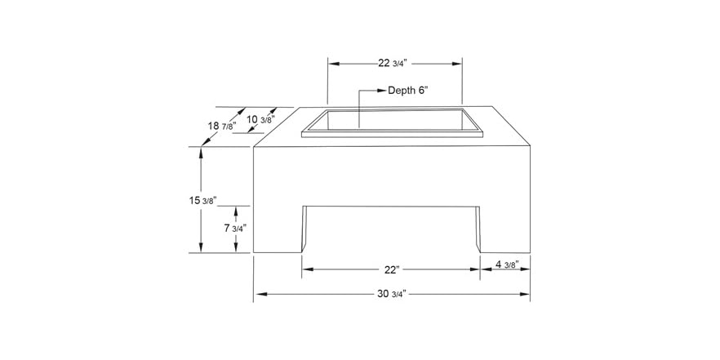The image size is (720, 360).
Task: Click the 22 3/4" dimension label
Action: point(395,64)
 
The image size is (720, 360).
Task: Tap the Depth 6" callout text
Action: point(408,91)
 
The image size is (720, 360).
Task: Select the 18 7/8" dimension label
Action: point(222,126)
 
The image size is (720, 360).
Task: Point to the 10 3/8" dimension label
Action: point(260,120)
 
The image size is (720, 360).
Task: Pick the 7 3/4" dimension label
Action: point(235,229)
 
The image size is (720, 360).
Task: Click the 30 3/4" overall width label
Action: point(392,292)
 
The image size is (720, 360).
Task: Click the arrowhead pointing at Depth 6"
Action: point(380,91)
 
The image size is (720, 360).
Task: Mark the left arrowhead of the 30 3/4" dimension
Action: point(258,292)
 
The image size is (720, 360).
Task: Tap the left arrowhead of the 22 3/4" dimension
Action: point(332,63)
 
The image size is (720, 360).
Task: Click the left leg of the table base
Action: point(278,229)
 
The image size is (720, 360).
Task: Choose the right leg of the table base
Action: point(504,229)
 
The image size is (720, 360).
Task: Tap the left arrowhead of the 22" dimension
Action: point(307,268)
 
